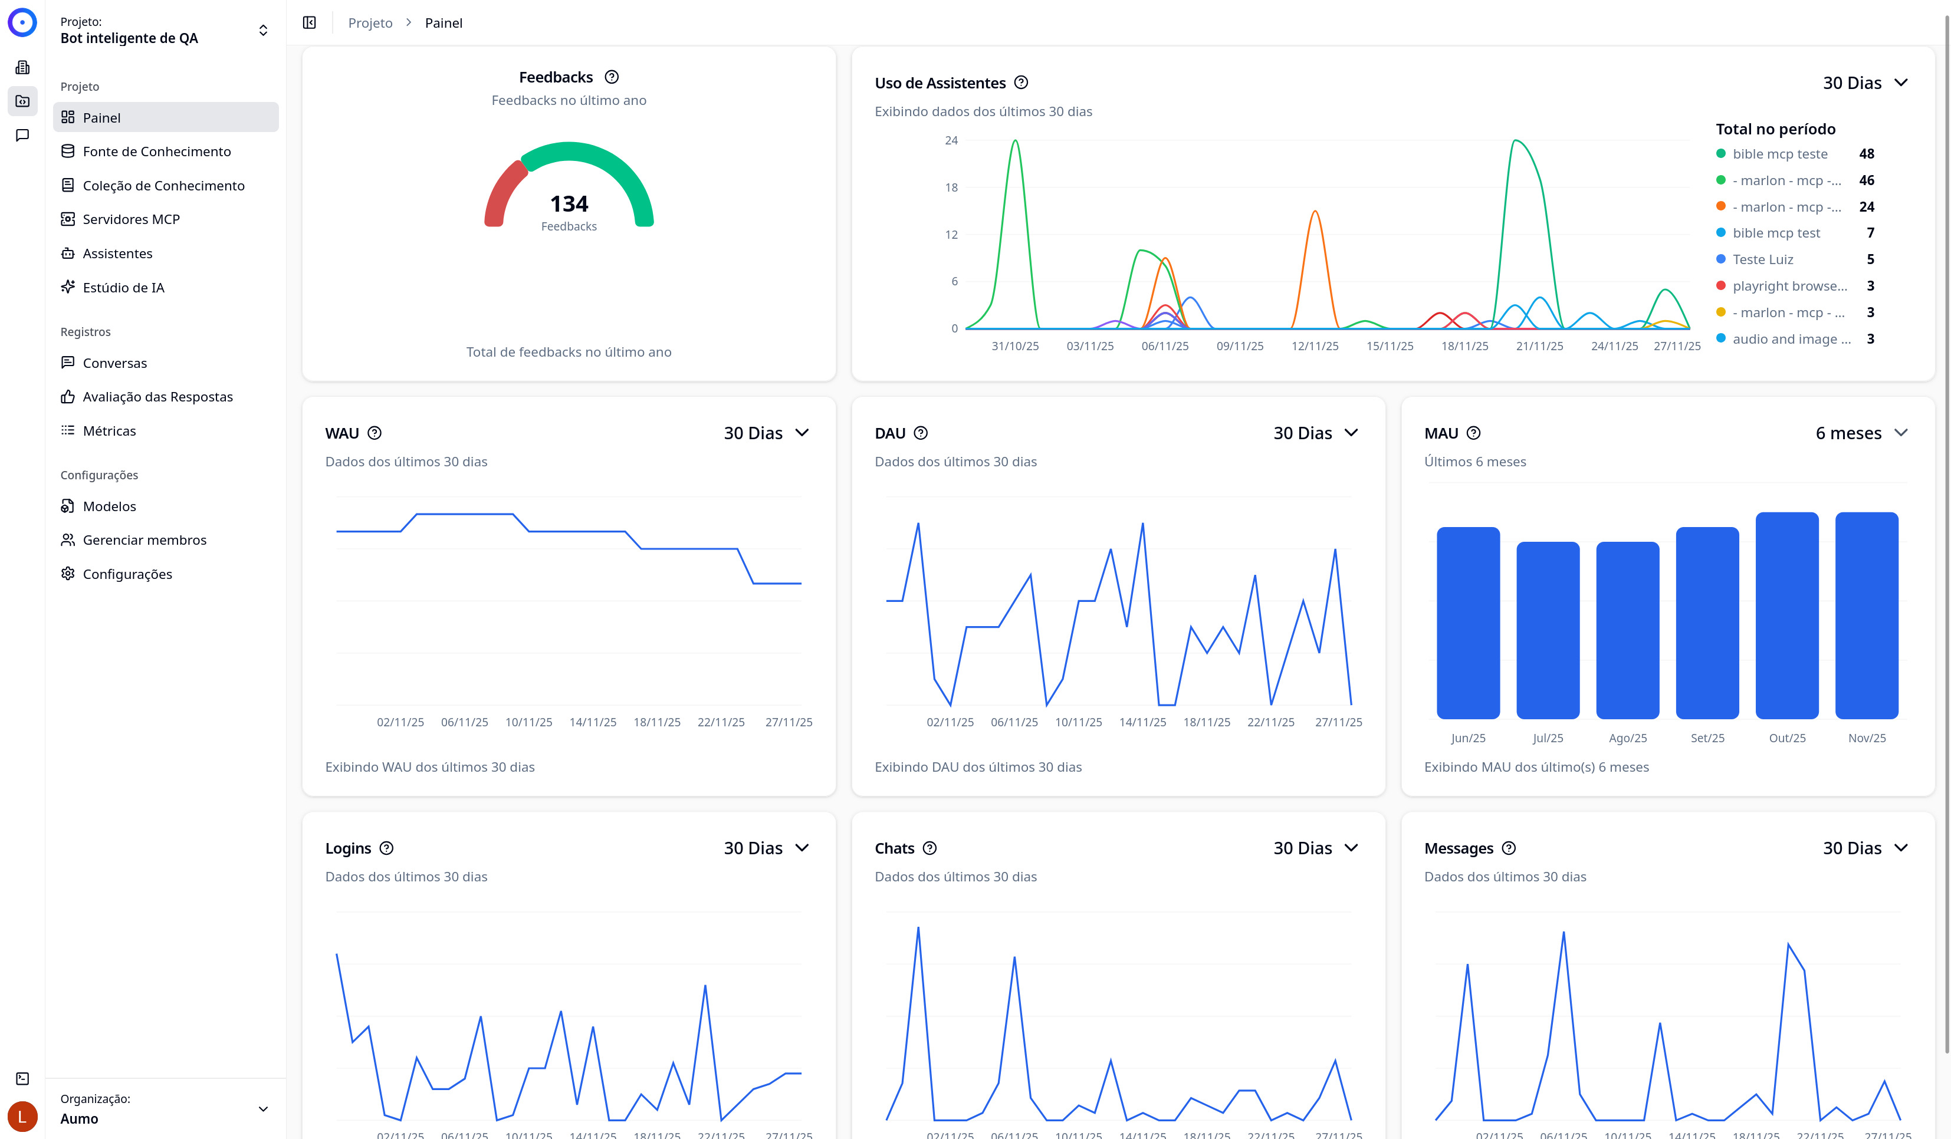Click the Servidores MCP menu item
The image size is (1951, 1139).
click(x=131, y=219)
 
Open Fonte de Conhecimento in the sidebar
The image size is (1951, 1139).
click(x=156, y=152)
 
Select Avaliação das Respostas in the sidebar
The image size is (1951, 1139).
click(x=157, y=397)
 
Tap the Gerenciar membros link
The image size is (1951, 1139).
click(x=144, y=540)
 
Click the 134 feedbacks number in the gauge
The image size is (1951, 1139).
click(x=569, y=203)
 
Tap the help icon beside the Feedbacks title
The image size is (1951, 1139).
click(x=612, y=77)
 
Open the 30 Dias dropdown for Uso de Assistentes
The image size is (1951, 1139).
click(x=1864, y=83)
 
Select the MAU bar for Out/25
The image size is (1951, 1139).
click(x=1787, y=615)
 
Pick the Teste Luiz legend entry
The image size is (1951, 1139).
click(x=1762, y=259)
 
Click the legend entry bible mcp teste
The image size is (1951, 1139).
click(x=1779, y=154)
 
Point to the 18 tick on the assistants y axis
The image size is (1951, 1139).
click(x=951, y=187)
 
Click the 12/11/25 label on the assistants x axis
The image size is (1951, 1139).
click(x=1315, y=346)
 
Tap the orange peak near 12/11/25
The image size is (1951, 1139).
click(x=1315, y=212)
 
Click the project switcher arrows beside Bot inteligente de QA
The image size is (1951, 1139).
click(x=263, y=30)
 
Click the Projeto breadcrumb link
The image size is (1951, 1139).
click(x=370, y=23)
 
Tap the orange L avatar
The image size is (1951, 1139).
click(x=22, y=1117)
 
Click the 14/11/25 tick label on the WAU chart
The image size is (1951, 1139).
click(x=593, y=722)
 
